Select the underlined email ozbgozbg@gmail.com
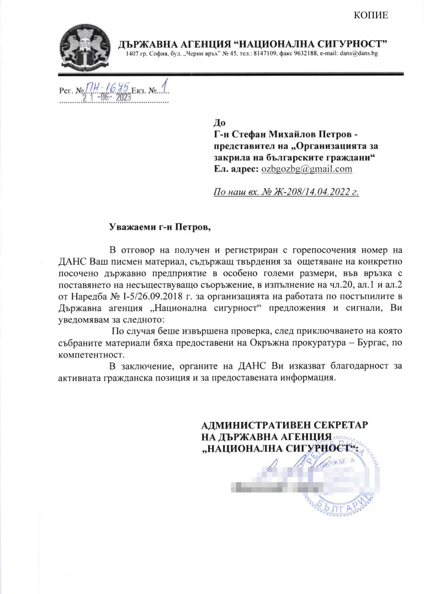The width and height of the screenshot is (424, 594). point(306,169)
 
